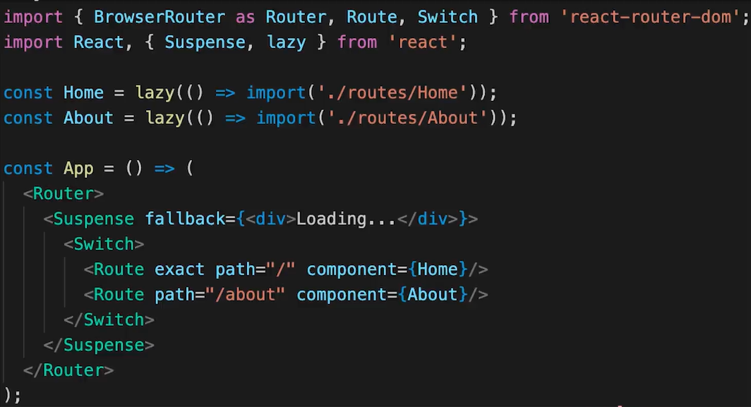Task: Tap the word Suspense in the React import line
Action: tap(205, 42)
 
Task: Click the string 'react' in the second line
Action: tap(423, 42)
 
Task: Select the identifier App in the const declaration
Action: tap(78, 169)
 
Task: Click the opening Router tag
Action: tap(63, 193)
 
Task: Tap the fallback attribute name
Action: tap(185, 219)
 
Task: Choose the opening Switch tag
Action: tap(103, 244)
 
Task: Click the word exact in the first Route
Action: tap(179, 269)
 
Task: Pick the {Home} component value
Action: tap(438, 269)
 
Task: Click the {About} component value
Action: tap(433, 295)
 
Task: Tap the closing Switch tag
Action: tap(109, 320)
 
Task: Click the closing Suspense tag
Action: tap(99, 345)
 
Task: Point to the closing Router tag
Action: tap(68, 370)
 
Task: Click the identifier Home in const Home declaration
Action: tap(83, 92)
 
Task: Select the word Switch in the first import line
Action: tap(448, 16)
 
